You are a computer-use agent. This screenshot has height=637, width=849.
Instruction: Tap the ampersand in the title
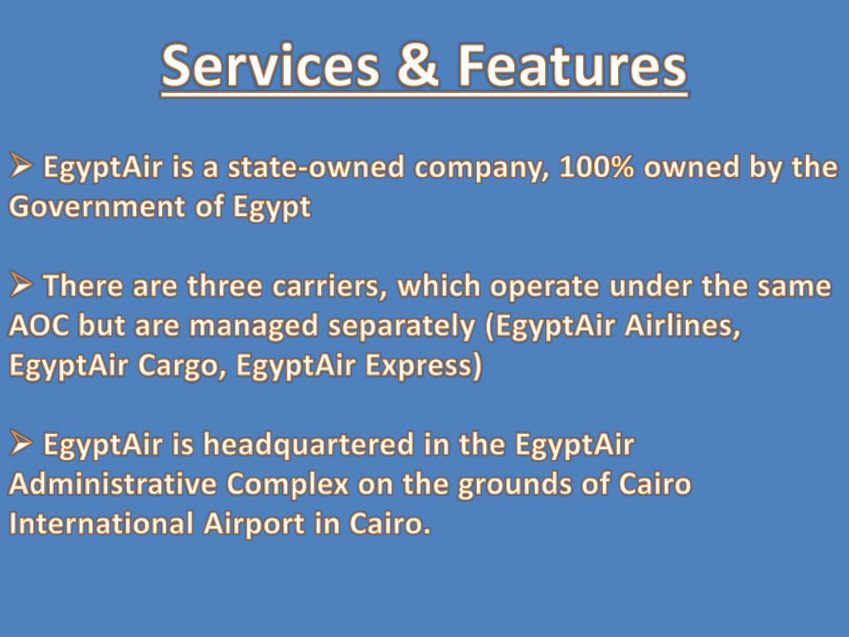coord(418,66)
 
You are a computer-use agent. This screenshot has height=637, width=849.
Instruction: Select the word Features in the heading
coord(571,66)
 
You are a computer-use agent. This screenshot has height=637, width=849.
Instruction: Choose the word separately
coord(401,326)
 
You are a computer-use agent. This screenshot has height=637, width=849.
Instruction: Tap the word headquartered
coord(308,445)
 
